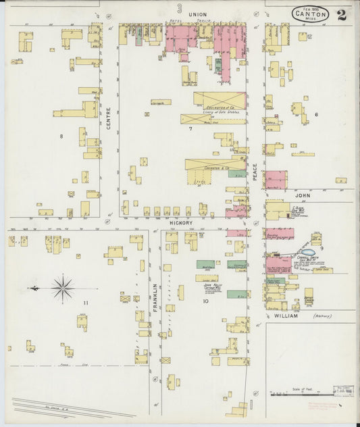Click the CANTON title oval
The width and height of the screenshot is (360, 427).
(x=311, y=14)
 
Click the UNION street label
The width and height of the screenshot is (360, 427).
(x=197, y=14)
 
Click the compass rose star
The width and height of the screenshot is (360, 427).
(x=63, y=288)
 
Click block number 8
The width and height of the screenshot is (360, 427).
(x=61, y=136)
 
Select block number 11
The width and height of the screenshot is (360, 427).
(x=86, y=303)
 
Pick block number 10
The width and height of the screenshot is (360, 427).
(x=205, y=301)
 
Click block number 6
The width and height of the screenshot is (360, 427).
(x=315, y=114)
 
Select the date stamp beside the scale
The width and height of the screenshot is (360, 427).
(x=344, y=391)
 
